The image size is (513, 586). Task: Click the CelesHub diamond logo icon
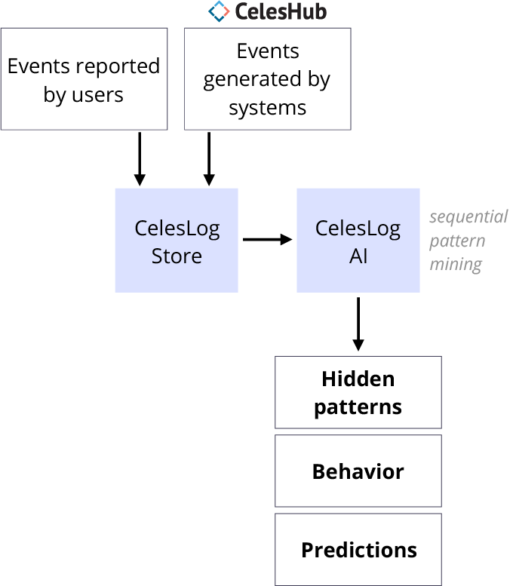tap(219, 11)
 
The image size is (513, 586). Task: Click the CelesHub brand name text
tap(280, 11)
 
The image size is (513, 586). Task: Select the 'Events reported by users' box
tap(84, 79)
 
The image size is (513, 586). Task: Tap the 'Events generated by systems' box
tap(268, 79)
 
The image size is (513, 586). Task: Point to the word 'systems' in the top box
tap(268, 108)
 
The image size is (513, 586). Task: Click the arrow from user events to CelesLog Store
tap(139, 158)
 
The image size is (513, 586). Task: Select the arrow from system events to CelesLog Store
tap(208, 158)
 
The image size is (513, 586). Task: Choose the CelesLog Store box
tap(177, 241)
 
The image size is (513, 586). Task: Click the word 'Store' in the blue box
tap(177, 256)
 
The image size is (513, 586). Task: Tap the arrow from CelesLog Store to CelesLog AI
tap(267, 240)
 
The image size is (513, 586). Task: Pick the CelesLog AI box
tap(358, 241)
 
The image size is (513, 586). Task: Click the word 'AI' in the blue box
tap(358, 256)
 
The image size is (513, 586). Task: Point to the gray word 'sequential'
tap(468, 217)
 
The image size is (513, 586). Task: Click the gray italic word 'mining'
tap(456, 265)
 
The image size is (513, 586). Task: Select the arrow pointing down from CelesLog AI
tap(358, 324)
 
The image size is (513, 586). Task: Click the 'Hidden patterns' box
tap(358, 393)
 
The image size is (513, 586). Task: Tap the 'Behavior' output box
tap(358, 471)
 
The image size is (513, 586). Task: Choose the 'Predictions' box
tap(358, 550)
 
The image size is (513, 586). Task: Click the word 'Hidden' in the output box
tap(358, 379)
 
